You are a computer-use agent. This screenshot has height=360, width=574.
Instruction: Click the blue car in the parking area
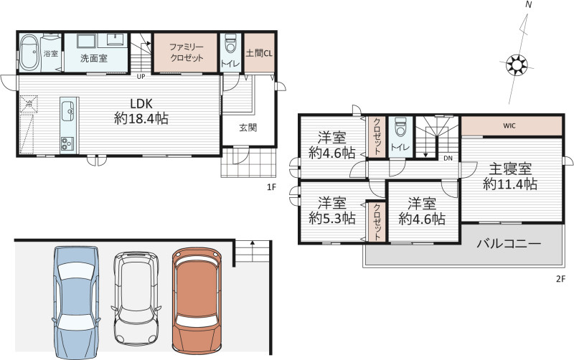click(76, 302)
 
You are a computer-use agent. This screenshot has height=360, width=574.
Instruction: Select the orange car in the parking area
click(196, 300)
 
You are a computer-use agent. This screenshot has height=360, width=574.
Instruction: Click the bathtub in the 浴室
click(29, 52)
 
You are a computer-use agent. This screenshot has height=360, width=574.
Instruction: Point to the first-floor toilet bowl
click(230, 44)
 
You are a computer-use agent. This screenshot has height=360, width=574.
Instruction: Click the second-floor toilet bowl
click(400, 127)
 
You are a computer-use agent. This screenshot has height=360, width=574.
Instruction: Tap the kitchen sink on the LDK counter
click(68, 111)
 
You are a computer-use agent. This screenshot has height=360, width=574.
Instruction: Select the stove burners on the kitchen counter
click(67, 143)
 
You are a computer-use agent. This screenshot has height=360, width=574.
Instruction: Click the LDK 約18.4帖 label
click(141, 111)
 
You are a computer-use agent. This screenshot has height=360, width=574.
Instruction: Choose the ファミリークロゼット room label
click(187, 52)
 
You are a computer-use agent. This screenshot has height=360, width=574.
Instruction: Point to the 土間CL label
click(259, 53)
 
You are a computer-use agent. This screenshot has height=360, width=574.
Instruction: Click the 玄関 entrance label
click(248, 128)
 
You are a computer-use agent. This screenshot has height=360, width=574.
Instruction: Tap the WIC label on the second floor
click(509, 125)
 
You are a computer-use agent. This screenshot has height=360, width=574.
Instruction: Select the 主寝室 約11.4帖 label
click(510, 176)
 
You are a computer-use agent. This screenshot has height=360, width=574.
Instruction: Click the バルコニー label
click(509, 244)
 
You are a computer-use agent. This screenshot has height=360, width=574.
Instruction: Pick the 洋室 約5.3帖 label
click(332, 210)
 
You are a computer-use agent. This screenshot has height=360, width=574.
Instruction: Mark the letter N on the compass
click(528, 5)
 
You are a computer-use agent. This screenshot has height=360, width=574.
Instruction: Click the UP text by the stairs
click(141, 77)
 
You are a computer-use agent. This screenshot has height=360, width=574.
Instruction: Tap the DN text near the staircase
click(448, 158)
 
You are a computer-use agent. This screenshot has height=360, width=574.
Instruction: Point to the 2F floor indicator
click(561, 279)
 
